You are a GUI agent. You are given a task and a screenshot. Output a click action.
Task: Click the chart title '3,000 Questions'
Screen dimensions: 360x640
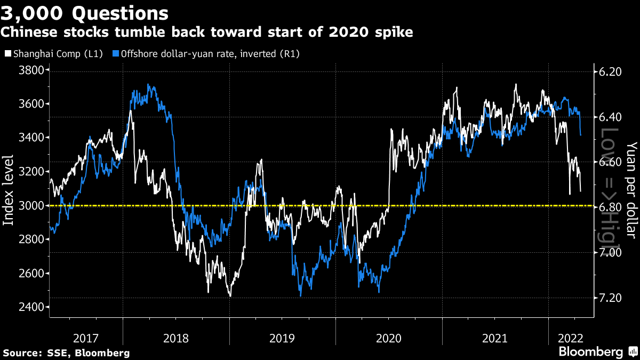85,12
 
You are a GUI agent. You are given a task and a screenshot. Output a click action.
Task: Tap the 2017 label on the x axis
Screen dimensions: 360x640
86,338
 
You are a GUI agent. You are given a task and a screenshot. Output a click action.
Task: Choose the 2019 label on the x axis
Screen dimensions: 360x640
283,338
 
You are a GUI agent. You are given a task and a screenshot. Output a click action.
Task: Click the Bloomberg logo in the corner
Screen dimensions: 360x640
597,352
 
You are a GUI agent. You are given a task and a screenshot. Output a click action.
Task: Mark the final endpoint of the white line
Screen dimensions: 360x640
580,190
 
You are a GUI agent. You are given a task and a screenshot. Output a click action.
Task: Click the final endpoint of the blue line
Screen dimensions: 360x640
580,135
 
